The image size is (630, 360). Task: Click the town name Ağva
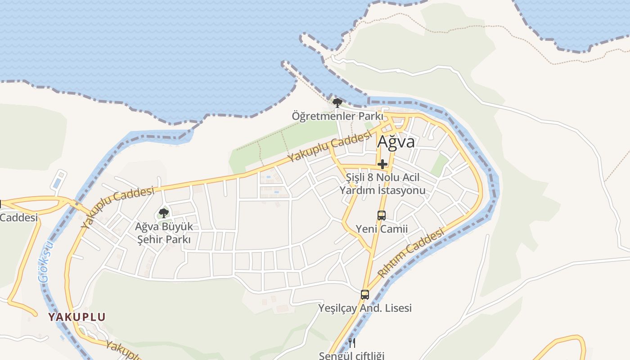pos(396,142)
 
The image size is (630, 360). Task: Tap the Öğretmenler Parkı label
pos(337,116)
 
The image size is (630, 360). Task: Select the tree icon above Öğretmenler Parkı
pos(337,103)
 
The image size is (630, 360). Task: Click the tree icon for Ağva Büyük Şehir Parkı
pos(164,212)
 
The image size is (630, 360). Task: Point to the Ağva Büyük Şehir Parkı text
pos(164,233)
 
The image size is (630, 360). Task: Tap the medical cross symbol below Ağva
pos(382,164)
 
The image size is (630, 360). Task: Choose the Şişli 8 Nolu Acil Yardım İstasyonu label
pos(382,184)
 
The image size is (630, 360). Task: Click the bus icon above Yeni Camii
pos(382,215)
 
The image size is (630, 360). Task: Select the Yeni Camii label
pos(382,229)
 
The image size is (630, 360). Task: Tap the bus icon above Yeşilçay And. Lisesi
pos(365,295)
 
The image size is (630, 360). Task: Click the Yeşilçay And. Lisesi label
pos(365,308)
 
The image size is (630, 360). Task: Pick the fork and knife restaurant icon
pos(352,343)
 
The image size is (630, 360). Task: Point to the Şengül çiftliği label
pos(352,355)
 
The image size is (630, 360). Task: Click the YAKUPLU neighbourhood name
pos(77,317)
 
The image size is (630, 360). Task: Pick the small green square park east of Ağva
pos(440,166)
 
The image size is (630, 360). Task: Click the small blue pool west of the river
pos(58,183)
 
